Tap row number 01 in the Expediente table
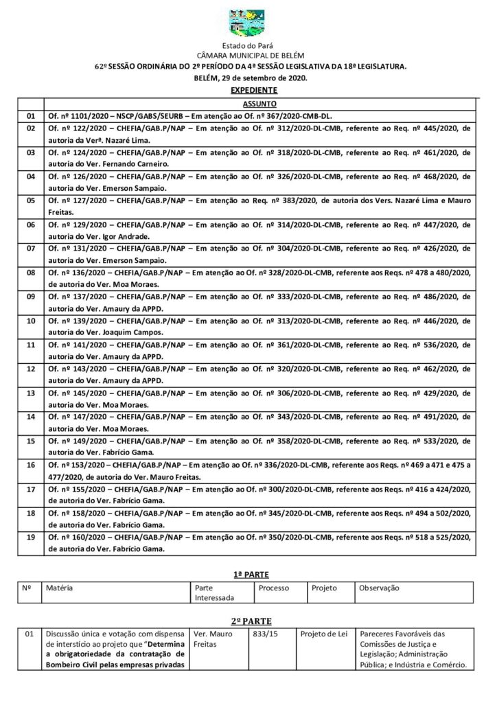coord(30,115)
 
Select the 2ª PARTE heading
coord(249,619)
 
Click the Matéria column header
coord(59,588)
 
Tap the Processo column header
coord(273,588)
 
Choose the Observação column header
coord(379,588)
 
